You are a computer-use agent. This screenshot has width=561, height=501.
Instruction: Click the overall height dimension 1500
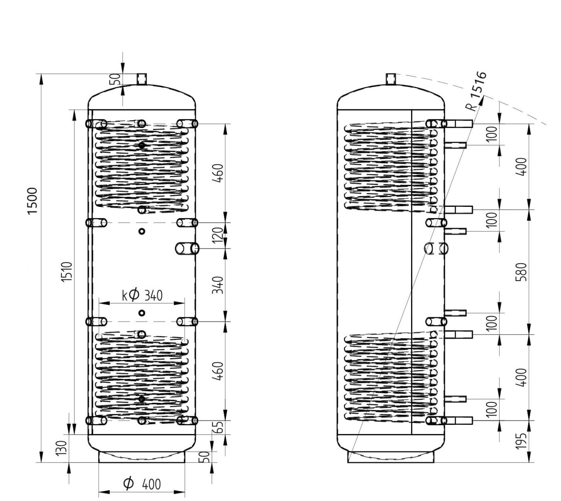click(x=33, y=201)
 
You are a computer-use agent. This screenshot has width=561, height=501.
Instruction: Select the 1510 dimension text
click(x=67, y=272)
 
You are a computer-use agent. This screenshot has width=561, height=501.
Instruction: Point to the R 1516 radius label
click(x=477, y=91)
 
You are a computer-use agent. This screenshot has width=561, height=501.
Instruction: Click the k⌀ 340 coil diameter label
click(x=142, y=295)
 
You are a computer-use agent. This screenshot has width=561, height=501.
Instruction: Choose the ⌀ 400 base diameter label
click(x=142, y=483)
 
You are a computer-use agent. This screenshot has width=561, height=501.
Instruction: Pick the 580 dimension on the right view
click(x=521, y=272)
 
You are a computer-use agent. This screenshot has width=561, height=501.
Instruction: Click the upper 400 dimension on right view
click(x=521, y=166)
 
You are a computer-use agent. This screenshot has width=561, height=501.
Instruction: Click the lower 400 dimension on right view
click(x=521, y=377)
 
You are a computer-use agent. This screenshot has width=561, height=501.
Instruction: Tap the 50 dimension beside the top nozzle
click(x=116, y=79)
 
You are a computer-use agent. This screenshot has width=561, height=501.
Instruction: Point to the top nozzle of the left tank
click(x=142, y=79)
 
